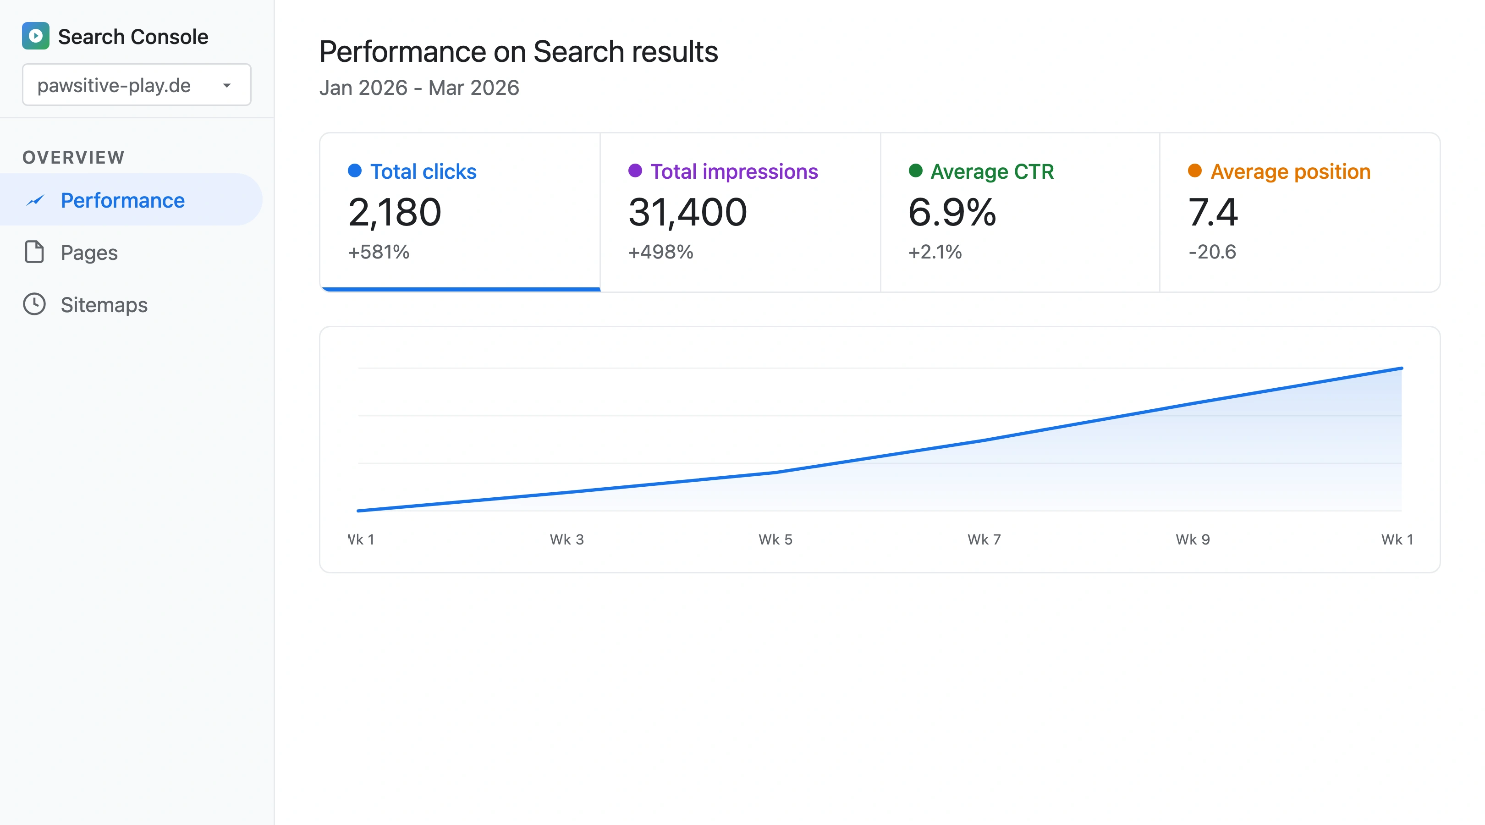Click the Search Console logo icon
(35, 36)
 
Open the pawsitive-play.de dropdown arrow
(226, 85)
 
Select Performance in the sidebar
(122, 200)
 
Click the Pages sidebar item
(89, 253)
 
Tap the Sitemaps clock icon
(34, 304)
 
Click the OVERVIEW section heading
(73, 157)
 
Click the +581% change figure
(378, 252)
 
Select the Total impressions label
(733, 171)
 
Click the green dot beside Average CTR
(915, 170)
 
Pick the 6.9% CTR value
(952, 212)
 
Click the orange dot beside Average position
(1194, 170)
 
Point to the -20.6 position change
(1212, 252)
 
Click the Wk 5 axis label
(775, 539)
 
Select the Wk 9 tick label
(1192, 539)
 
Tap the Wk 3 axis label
(566, 539)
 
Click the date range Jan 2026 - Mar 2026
(419, 88)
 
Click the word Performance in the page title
(402, 52)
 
